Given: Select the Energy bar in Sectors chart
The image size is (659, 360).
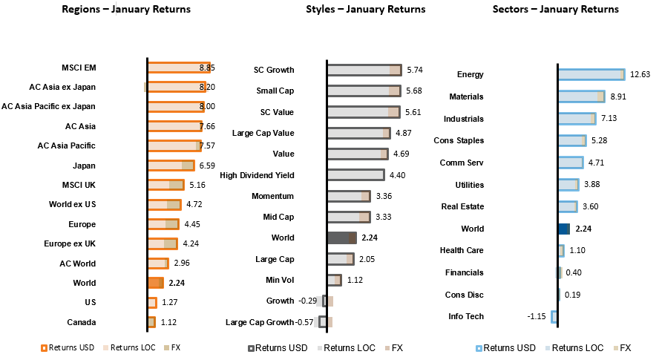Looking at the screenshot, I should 591,74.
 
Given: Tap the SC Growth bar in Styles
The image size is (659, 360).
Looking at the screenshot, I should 364,70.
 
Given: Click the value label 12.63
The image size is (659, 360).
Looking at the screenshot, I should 640,74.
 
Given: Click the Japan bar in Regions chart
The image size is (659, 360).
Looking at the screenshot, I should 171,166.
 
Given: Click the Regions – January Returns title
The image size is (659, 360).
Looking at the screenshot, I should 126,10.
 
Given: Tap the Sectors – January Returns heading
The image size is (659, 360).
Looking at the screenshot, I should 555,10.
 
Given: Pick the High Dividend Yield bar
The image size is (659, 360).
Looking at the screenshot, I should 355,175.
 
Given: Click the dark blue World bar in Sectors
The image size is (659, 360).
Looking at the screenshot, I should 564,229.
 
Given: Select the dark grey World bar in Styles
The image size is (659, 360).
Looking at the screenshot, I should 341,238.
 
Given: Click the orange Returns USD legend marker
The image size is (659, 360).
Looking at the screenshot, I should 45,347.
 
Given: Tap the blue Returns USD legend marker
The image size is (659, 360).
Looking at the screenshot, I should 479,347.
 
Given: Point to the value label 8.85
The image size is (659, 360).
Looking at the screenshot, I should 207,68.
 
